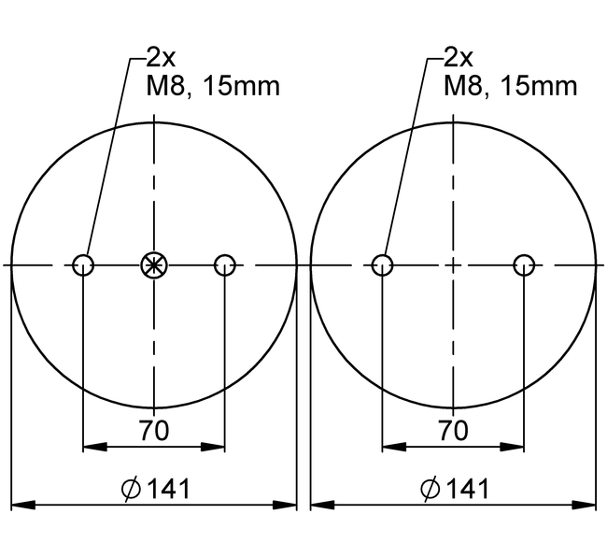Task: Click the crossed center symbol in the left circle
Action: point(154,265)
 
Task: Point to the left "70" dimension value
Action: point(154,430)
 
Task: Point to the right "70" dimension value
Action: point(453,430)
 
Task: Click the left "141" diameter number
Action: point(168,489)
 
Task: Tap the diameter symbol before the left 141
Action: point(131,490)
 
